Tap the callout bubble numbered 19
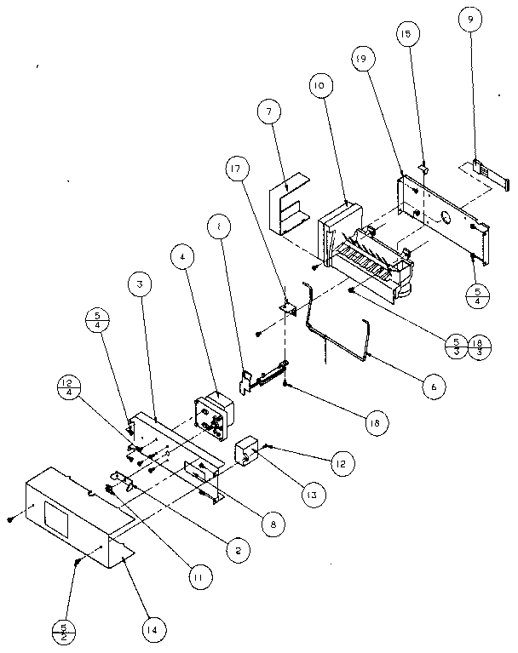click(x=360, y=59)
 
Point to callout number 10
click(x=319, y=87)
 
